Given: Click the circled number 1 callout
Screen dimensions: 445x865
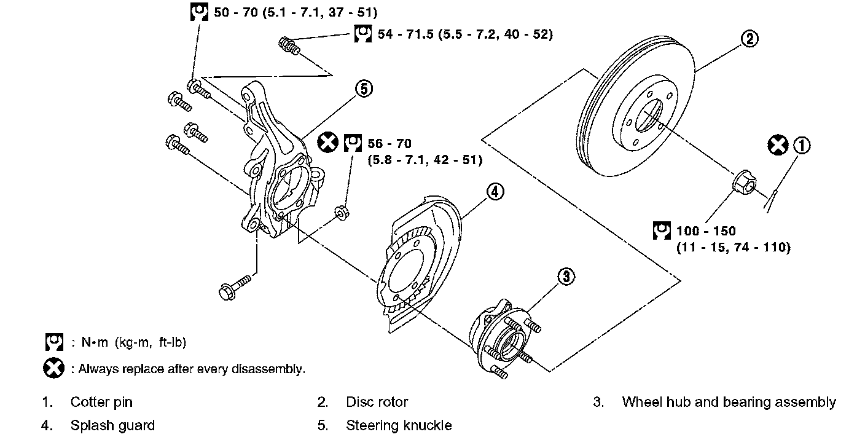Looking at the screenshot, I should pos(802,146).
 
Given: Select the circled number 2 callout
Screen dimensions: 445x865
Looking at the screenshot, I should pos(749,39).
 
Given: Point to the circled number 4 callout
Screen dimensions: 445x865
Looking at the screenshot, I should pos(495,192).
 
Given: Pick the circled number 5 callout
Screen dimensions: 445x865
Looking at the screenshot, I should pos(363,89).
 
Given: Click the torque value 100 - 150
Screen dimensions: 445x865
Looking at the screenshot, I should pos(706,232).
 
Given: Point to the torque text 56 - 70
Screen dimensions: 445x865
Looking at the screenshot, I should pos(389,144).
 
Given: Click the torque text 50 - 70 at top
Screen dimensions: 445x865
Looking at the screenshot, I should pos(241,12).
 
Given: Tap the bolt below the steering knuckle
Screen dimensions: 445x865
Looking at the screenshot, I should pos(234,287).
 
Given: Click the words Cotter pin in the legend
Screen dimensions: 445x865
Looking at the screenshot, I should pos(101,403).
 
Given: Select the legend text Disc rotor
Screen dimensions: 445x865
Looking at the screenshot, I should pos(377,403).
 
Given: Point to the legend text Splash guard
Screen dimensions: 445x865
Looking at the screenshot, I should pos(112,425).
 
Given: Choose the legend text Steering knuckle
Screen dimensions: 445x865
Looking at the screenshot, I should pos(399,425).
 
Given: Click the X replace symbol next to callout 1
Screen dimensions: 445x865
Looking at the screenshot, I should pos(778,146).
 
